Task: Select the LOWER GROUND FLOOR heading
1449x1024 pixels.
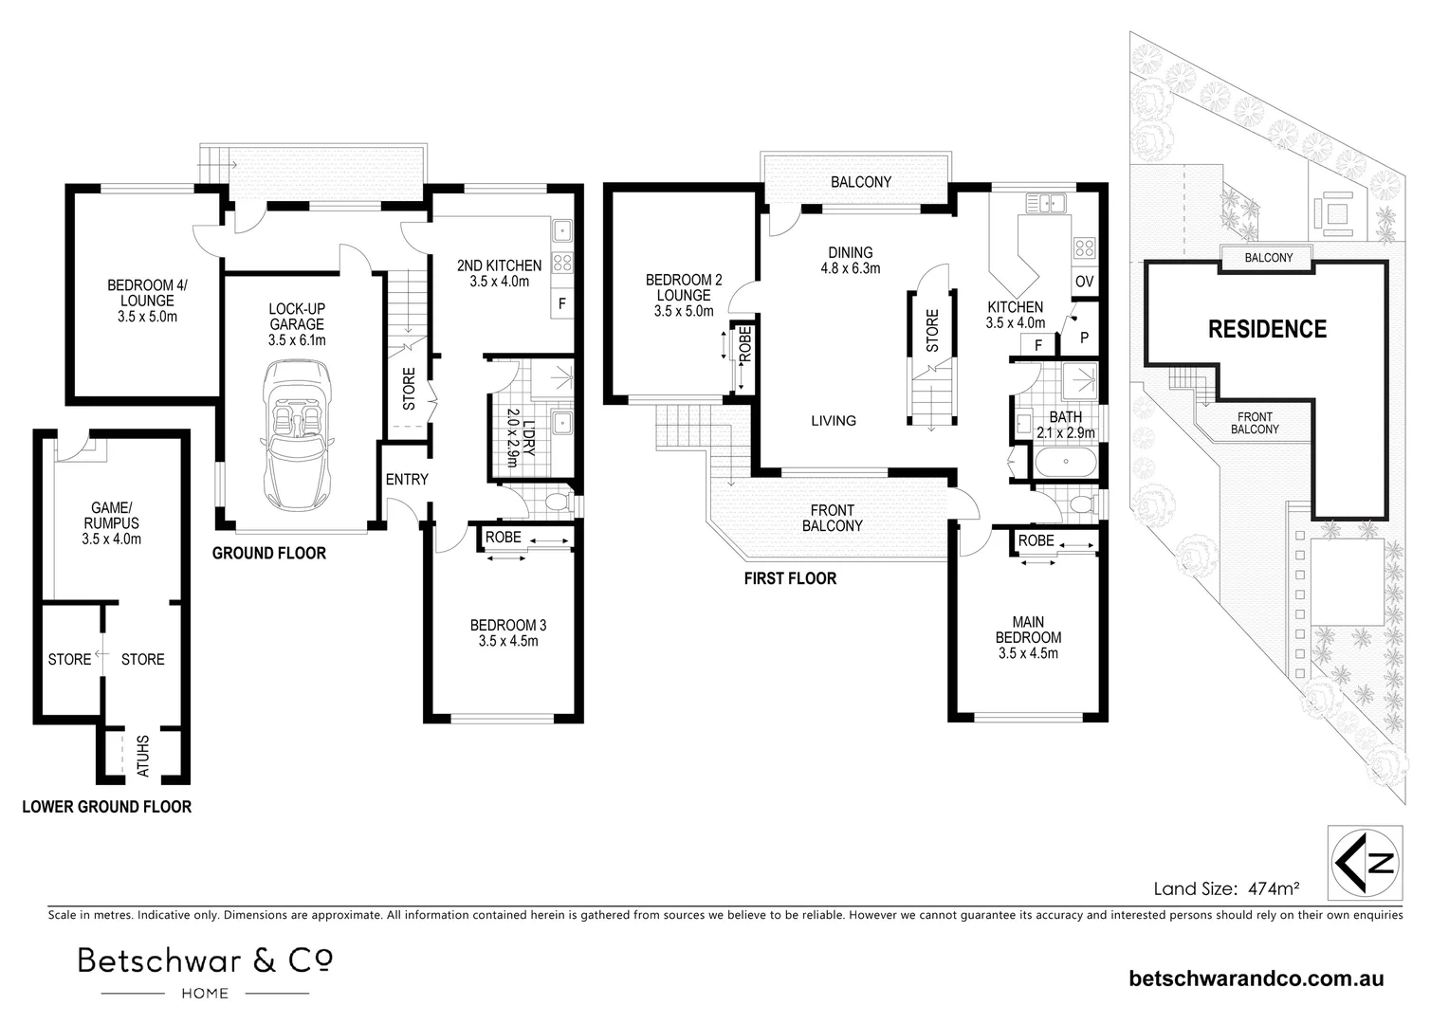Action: click(x=106, y=807)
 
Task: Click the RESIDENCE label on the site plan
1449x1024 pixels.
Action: click(x=1266, y=330)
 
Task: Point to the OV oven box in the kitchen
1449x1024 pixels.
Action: click(x=1084, y=282)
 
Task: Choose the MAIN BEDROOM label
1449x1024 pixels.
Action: click(x=1028, y=637)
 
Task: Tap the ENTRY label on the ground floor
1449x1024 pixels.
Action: click(x=407, y=480)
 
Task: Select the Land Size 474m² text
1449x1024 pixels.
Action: click(x=1225, y=888)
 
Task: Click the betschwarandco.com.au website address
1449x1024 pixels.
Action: click(x=1256, y=978)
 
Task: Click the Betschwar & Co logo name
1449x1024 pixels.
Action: click(x=205, y=961)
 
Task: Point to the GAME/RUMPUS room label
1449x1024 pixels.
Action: click(x=111, y=523)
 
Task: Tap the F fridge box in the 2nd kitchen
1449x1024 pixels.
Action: click(x=562, y=304)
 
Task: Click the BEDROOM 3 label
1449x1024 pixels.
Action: click(x=508, y=632)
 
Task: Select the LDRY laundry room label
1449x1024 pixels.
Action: click(x=523, y=431)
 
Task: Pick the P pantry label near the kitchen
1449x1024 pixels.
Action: click(x=1084, y=338)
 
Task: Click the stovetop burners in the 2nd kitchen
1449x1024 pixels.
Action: click(x=561, y=264)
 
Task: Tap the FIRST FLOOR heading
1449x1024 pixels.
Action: click(x=790, y=578)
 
